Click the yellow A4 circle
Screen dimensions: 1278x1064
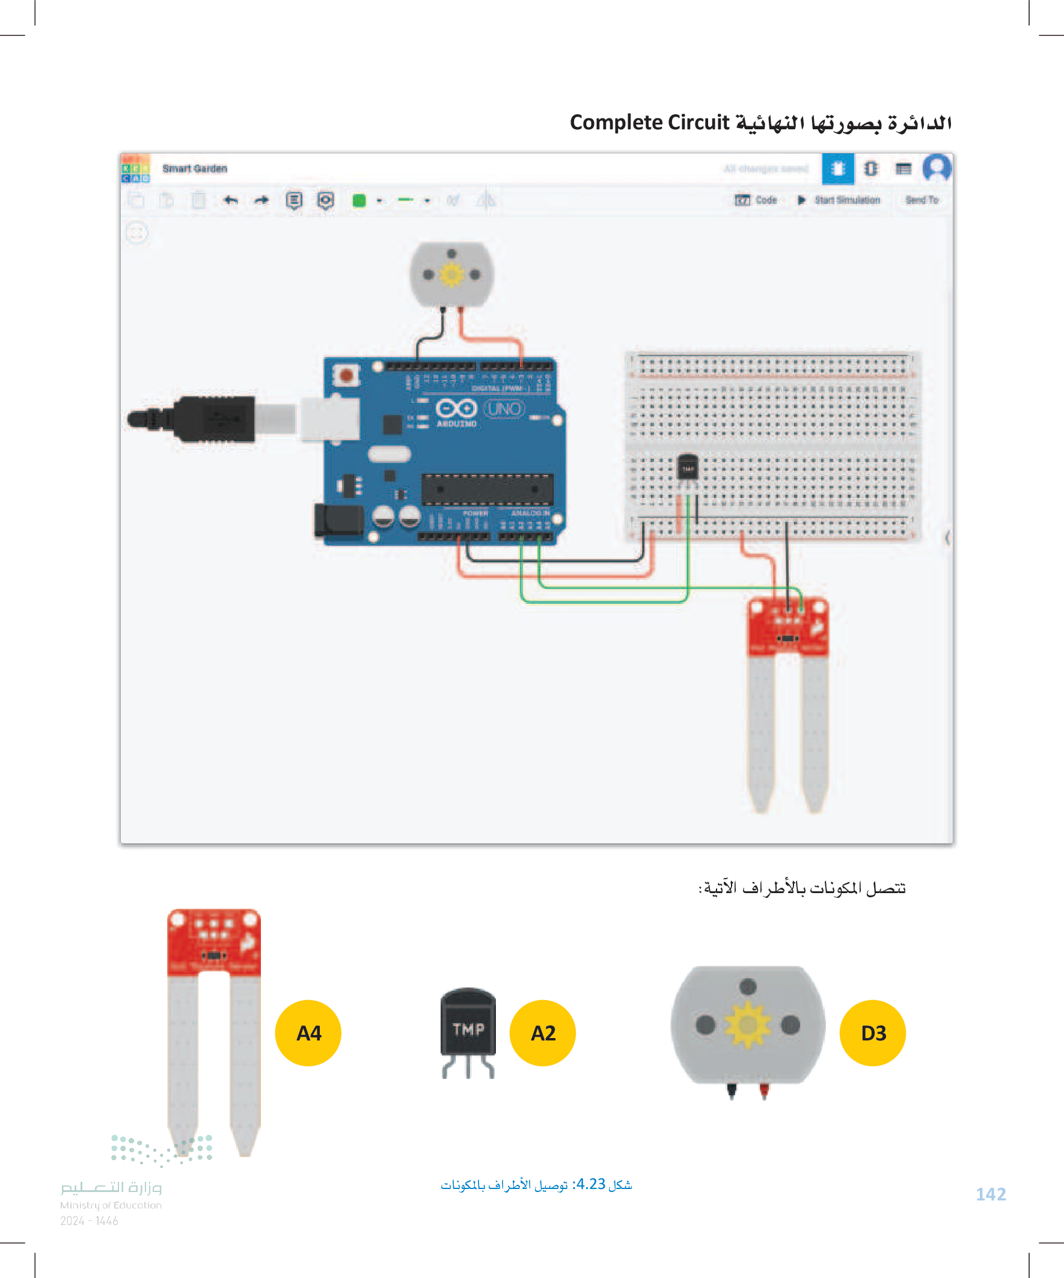point(308,1033)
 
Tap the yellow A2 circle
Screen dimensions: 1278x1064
point(542,1033)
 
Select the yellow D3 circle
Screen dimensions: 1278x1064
point(872,1033)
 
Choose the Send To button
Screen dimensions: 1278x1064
point(921,200)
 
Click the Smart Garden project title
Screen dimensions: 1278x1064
point(195,168)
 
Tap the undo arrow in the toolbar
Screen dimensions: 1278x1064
point(231,200)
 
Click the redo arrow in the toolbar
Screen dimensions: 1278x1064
point(261,200)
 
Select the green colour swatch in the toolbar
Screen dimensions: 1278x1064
point(359,200)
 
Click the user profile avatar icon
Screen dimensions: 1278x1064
point(936,168)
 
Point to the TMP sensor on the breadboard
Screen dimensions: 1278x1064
point(688,468)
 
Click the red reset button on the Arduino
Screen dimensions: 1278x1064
point(346,375)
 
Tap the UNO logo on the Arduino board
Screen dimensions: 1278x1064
point(504,408)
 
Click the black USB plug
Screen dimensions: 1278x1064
point(201,419)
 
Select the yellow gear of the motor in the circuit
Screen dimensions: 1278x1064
point(451,275)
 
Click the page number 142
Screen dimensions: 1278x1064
point(991,1194)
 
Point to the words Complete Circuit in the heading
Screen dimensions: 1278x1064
point(649,122)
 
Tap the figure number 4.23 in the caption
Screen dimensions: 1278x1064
point(590,1184)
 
